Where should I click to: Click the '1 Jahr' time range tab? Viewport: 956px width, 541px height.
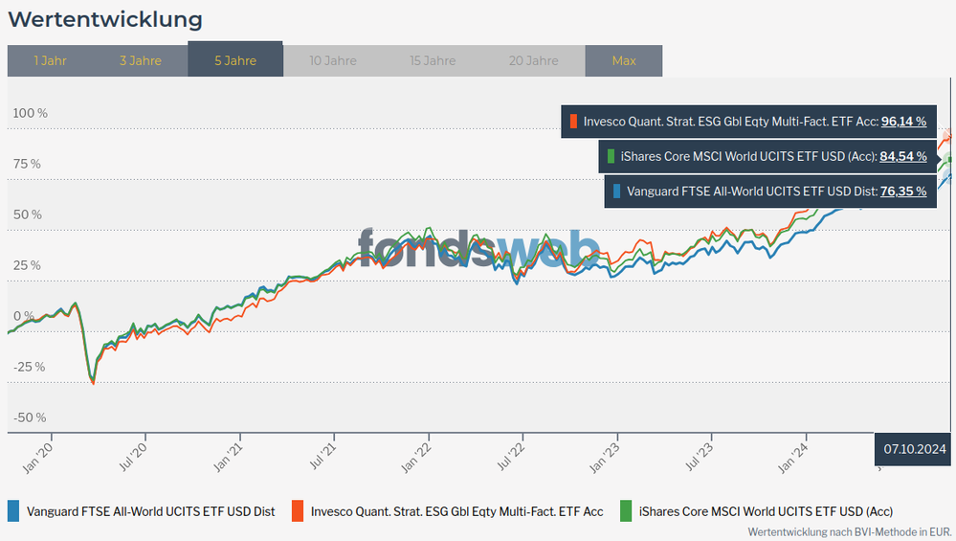pyautogui.click(x=50, y=60)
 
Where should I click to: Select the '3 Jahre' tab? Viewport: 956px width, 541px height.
pyautogui.click(x=141, y=60)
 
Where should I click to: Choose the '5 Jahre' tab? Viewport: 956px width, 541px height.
pyautogui.click(x=235, y=60)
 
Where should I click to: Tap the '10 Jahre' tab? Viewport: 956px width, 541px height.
pyautogui.click(x=333, y=60)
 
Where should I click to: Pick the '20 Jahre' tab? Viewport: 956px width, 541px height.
pyautogui.click(x=534, y=60)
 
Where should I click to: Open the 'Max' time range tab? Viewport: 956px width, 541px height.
pyautogui.click(x=624, y=60)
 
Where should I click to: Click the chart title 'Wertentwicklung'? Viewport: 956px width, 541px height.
pyautogui.click(x=105, y=19)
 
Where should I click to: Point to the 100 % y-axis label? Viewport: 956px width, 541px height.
pyautogui.click(x=30, y=113)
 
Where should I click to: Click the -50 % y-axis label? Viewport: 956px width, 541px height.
pyautogui.click(x=29, y=417)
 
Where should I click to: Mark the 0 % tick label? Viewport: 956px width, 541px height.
pyautogui.click(x=23, y=316)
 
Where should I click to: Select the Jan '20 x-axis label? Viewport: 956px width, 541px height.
pyautogui.click(x=37, y=453)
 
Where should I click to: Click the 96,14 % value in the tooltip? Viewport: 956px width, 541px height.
pyautogui.click(x=903, y=122)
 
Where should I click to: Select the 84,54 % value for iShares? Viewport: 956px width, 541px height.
pyautogui.click(x=903, y=156)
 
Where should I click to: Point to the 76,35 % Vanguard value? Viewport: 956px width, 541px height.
pyautogui.click(x=903, y=191)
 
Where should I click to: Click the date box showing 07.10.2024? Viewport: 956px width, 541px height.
pyautogui.click(x=914, y=448)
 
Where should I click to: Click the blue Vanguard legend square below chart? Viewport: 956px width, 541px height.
pyautogui.click(x=13, y=510)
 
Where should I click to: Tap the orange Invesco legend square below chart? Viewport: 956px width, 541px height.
pyautogui.click(x=298, y=510)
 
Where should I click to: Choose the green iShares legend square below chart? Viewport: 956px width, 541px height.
pyautogui.click(x=627, y=510)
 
